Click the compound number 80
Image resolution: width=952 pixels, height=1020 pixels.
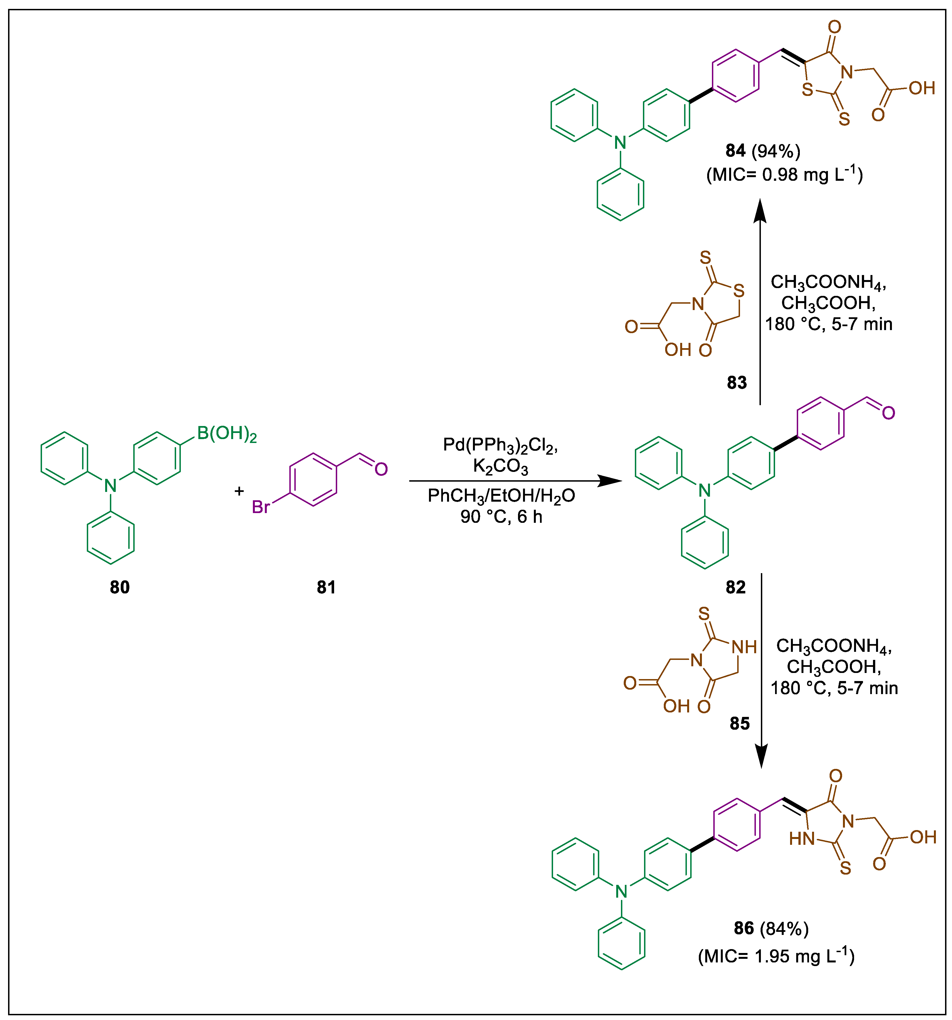120,587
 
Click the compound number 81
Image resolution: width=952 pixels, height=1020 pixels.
326,587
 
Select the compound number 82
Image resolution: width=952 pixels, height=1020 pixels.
736,587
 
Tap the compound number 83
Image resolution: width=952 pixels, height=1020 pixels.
736,382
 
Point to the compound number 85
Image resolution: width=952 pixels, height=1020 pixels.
739,724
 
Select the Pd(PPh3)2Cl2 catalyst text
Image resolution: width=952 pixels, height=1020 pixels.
500,445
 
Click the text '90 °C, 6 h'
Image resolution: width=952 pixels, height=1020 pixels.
501,517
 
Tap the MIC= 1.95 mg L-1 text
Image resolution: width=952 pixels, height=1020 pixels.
776,956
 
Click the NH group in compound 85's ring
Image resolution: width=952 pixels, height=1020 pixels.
744,647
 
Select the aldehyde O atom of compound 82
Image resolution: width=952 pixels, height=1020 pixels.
888,413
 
